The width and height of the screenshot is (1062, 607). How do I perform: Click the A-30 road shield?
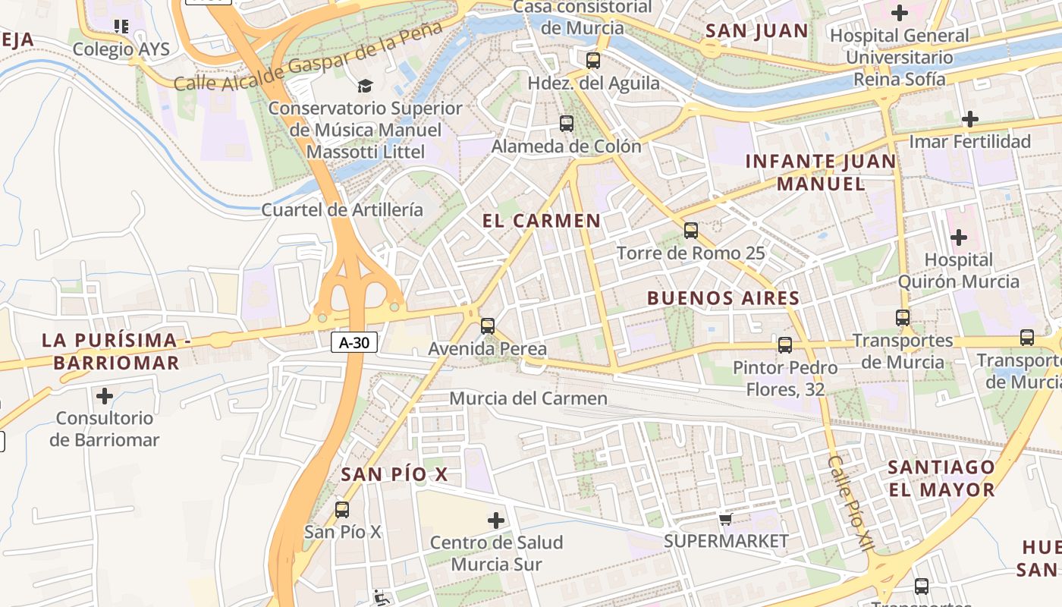point(354,342)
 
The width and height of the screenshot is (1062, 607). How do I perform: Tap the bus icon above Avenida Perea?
point(488,326)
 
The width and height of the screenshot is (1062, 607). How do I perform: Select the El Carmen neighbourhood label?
point(542,221)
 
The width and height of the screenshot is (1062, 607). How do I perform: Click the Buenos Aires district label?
point(723,298)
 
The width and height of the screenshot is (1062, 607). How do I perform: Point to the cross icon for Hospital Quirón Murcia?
point(959,237)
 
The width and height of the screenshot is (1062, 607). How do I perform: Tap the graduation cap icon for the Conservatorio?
point(366,86)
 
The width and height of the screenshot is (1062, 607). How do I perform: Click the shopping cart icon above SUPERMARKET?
point(726,519)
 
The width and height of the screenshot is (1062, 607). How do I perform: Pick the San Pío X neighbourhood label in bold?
point(394,475)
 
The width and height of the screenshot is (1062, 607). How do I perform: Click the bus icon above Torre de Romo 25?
point(690,230)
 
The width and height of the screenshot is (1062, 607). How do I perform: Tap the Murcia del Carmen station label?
point(529,398)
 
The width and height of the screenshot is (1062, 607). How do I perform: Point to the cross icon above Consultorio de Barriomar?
point(105,395)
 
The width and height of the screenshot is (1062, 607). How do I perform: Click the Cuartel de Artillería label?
point(342,209)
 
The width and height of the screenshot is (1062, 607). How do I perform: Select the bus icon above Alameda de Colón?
point(566,123)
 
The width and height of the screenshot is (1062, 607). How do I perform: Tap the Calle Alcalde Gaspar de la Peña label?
point(307,58)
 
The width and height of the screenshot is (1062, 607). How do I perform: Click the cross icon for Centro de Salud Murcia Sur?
point(496,521)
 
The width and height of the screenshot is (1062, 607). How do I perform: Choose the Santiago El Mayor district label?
point(941,478)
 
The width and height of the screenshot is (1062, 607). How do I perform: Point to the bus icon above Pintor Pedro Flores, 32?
point(785,344)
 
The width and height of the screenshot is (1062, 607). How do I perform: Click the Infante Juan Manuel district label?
point(821,172)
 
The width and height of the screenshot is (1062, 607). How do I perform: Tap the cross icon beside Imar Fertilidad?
point(969,119)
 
